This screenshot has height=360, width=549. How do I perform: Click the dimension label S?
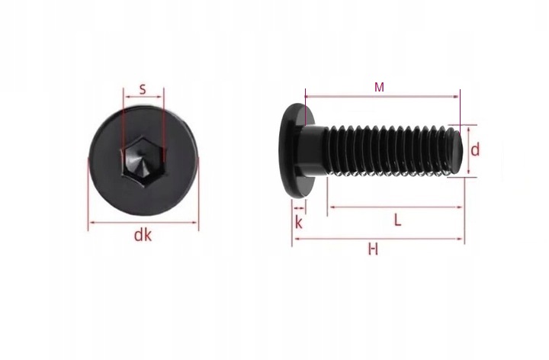143,89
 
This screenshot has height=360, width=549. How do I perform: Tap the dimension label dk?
143,236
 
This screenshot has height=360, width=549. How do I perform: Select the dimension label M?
379,87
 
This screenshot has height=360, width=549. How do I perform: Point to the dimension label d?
475,150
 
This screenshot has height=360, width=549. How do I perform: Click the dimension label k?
299,222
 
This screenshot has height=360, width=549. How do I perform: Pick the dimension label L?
397,220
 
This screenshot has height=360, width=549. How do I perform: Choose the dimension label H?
373,249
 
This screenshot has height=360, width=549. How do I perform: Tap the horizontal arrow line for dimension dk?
143,223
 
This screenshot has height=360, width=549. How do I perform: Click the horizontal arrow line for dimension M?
382,96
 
